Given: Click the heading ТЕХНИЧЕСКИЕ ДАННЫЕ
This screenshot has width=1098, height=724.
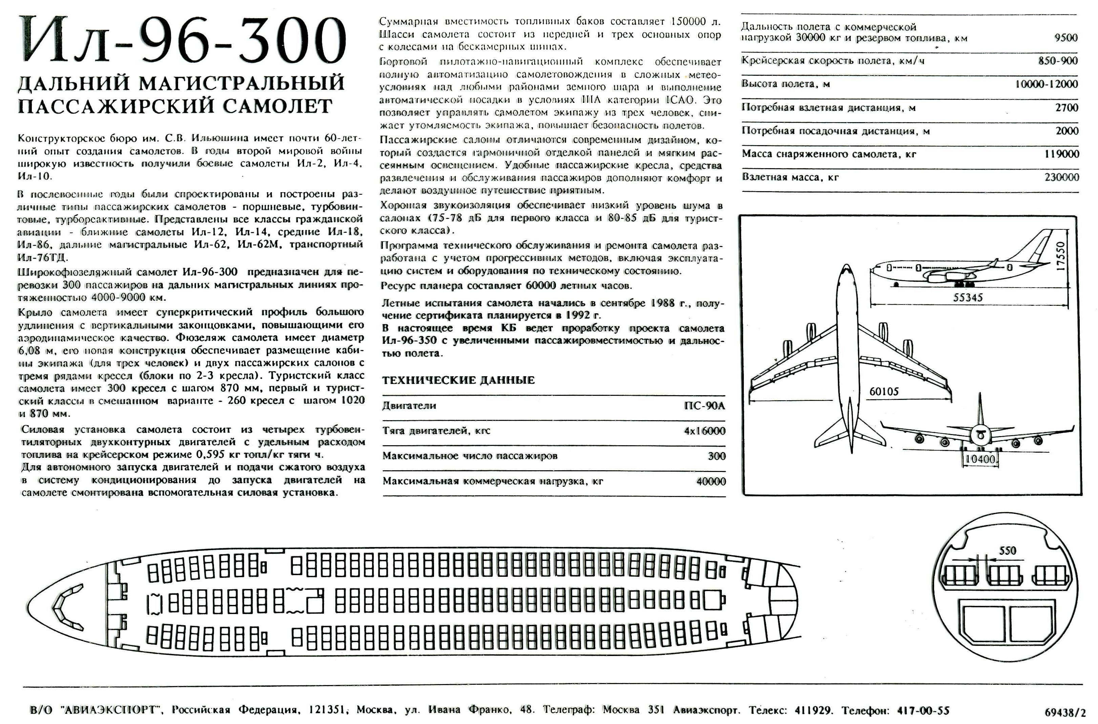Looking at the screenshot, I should point(458,380).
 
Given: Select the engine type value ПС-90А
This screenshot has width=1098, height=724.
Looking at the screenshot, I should point(704,406).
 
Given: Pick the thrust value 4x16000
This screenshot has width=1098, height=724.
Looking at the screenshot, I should point(704,431).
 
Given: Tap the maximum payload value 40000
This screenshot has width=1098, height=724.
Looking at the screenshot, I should point(711,481).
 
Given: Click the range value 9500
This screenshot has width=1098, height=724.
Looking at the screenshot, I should point(1065,38).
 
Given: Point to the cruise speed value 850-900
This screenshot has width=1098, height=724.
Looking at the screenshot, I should point(1058,61).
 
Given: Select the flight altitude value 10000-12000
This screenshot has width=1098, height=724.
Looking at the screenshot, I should point(1046,84).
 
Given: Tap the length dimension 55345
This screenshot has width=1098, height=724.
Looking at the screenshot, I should point(968,298).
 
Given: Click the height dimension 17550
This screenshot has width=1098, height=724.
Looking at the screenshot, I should point(1061,256).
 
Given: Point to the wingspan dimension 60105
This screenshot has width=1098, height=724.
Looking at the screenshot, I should point(884,391).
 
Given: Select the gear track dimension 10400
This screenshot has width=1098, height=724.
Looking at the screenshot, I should point(980,459).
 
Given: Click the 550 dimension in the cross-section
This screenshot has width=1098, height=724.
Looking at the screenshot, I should point(1007,550).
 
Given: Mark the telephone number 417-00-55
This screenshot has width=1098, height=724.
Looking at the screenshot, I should point(923,710).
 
